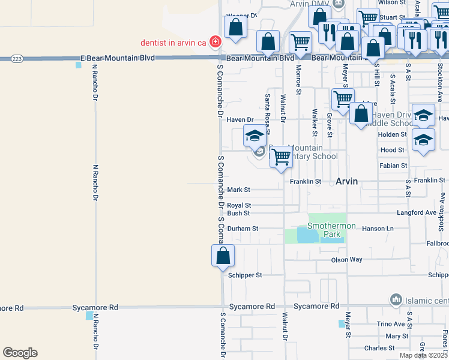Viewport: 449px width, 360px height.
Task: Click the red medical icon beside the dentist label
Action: tap(215, 41)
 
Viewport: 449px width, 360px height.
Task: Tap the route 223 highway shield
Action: tap(17, 58)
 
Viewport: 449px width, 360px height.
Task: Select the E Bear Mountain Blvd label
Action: tap(117, 58)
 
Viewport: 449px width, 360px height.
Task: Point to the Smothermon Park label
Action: tap(331, 226)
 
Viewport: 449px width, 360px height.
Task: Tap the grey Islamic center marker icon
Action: tap(395, 299)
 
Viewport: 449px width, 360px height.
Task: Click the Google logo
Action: tap(20, 353)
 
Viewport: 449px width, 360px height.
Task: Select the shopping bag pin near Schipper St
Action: tap(223, 256)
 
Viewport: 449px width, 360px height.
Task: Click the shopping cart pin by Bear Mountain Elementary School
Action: tap(281, 157)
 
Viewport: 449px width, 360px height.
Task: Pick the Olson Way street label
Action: tap(347, 260)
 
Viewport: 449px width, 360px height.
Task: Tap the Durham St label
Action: tap(243, 229)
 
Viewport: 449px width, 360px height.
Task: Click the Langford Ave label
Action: tap(416, 213)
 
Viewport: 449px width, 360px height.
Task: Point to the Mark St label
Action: tap(238, 190)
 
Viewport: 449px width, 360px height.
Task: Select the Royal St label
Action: tap(238, 205)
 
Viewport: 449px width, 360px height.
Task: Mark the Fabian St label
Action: tap(393, 166)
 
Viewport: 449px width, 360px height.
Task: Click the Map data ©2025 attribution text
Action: tap(424, 355)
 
